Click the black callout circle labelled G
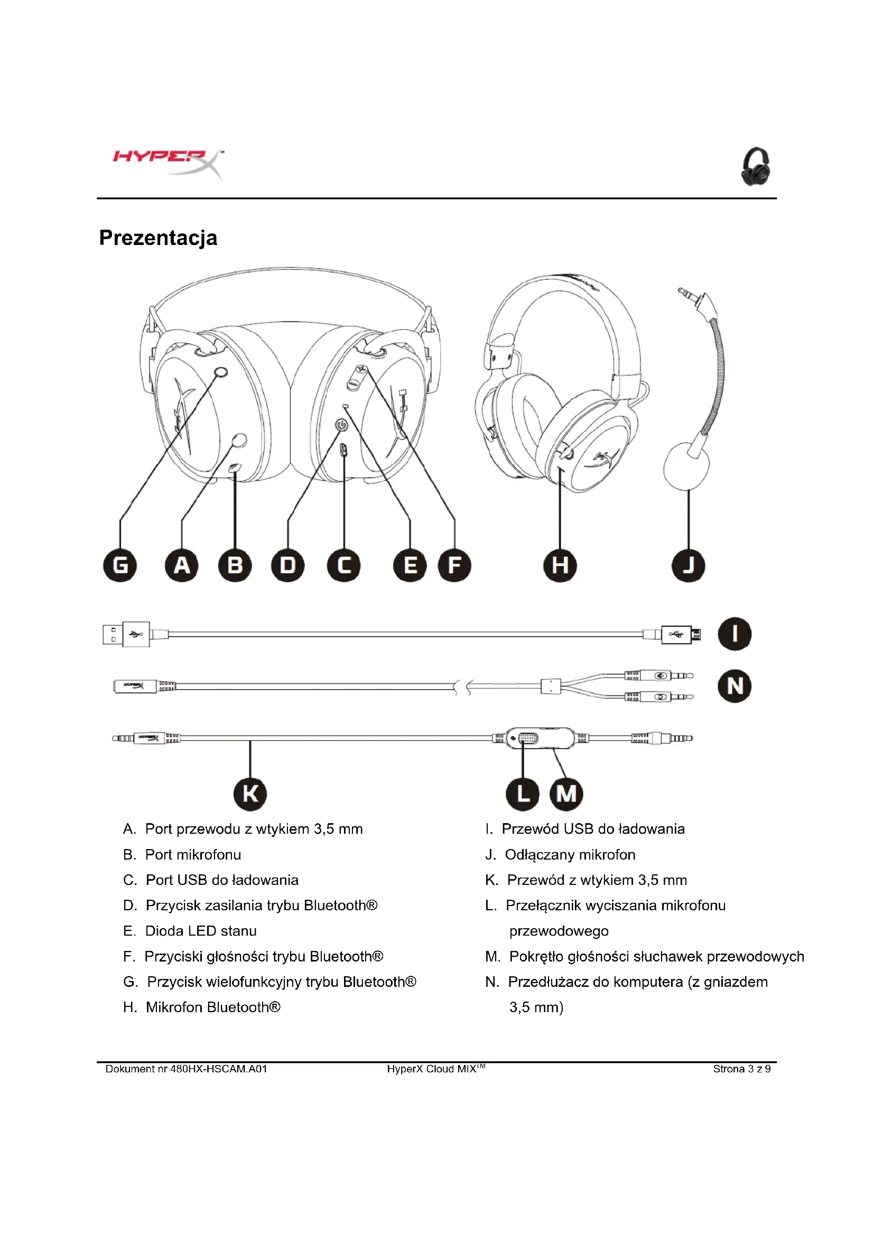tap(120, 565)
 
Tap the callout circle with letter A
tap(182, 565)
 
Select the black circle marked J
tap(689, 565)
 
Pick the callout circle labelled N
tap(734, 686)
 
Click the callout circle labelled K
tap(250, 794)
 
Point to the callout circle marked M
tap(566, 794)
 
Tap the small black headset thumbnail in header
tap(756, 166)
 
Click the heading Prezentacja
tap(158, 238)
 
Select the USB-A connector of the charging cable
tap(126, 634)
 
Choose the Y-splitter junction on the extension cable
tap(551, 686)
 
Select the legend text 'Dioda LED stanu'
tap(201, 930)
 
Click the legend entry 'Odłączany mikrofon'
tap(570, 854)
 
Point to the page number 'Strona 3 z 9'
tap(741, 1069)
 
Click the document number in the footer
tap(186, 1069)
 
